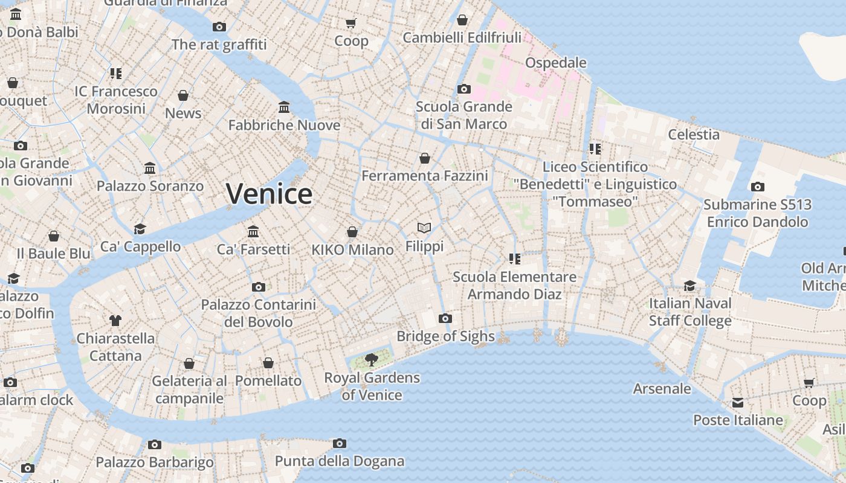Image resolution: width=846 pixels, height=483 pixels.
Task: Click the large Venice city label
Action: [269, 194]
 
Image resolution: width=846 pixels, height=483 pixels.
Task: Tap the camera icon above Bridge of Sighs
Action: [445, 319]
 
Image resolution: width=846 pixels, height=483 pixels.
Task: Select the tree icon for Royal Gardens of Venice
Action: [372, 360]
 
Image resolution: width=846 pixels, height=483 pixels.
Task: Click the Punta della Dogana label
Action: [339, 461]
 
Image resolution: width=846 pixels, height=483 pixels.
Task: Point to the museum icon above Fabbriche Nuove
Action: [284, 107]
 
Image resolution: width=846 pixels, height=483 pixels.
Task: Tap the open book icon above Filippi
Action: [424, 228]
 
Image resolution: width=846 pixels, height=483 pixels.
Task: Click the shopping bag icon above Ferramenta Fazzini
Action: [425, 158]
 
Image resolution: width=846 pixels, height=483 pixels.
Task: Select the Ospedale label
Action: [555, 63]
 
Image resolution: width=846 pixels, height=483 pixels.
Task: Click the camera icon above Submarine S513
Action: [757, 187]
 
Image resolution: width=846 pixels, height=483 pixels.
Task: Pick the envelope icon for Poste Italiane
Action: [738, 403]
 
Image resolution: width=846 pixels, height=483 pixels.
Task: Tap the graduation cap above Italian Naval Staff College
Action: [689, 286]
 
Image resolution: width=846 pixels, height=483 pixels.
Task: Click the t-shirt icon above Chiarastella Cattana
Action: [115, 321]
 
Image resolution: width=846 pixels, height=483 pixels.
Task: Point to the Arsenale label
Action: [662, 388]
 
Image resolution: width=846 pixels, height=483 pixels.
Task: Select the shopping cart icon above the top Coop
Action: [351, 24]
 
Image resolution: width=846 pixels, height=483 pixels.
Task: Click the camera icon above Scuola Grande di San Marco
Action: [463, 89]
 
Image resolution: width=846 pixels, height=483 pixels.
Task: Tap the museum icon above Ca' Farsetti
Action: [253, 232]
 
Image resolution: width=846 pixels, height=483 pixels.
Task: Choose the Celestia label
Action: [693, 134]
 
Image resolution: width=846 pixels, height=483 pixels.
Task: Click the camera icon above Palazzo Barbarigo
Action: [155, 445]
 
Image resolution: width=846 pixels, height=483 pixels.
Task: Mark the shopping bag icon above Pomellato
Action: [268, 363]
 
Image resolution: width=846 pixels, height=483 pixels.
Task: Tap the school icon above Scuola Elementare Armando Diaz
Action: [514, 259]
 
